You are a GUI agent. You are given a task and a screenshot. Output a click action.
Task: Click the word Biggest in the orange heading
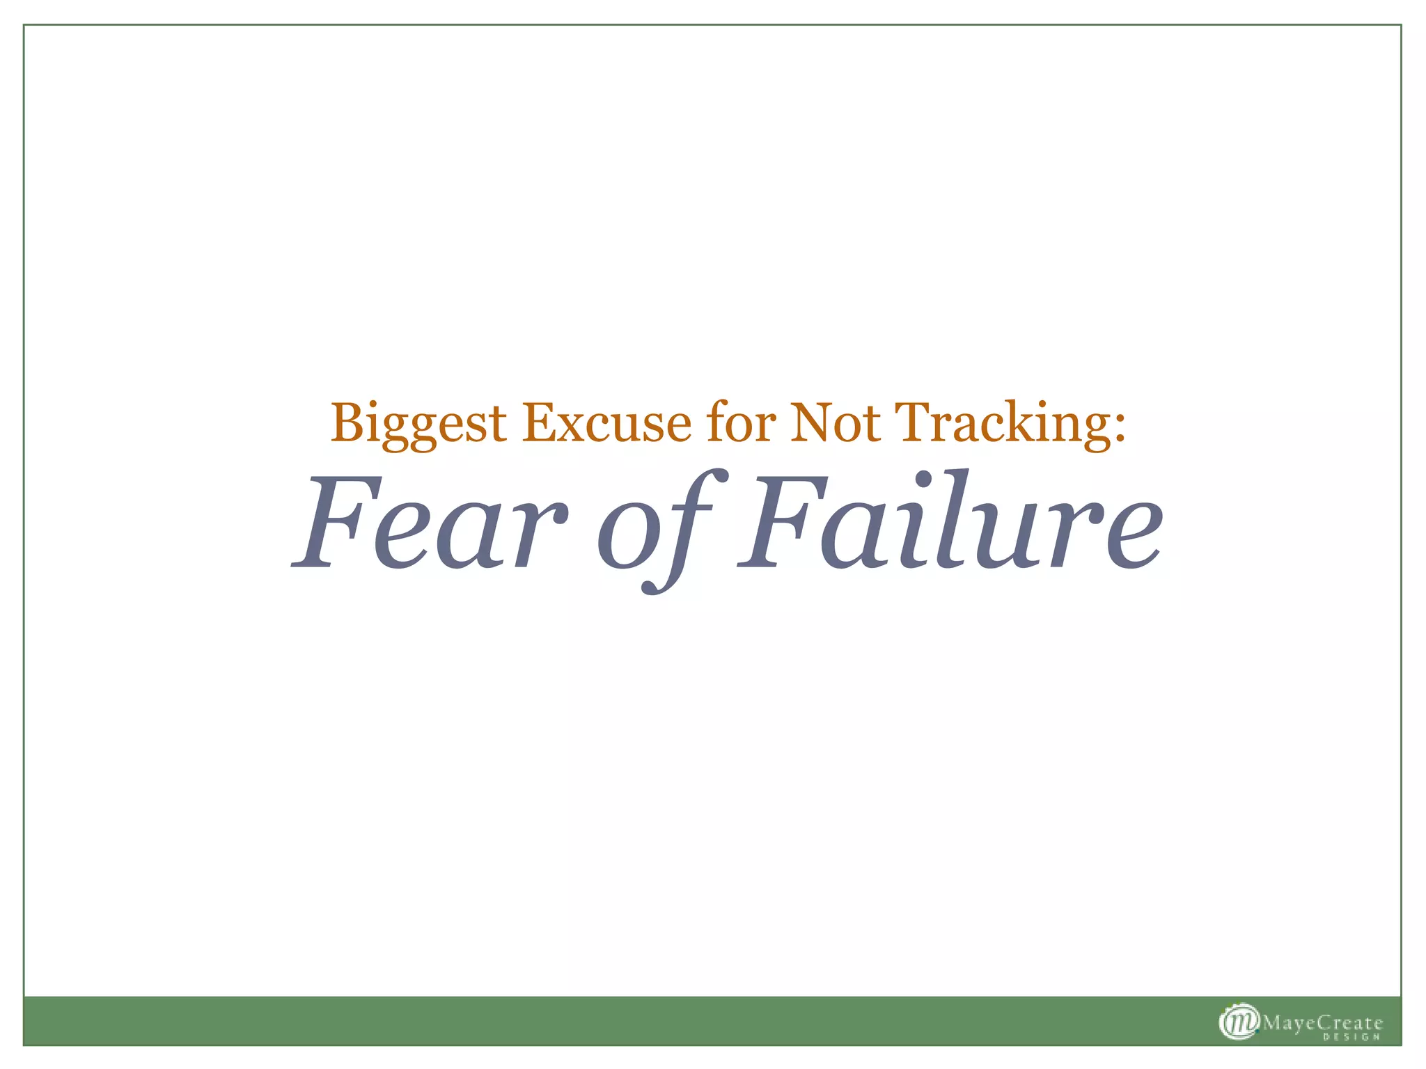(x=418, y=423)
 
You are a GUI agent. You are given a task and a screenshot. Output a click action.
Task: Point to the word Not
(x=836, y=423)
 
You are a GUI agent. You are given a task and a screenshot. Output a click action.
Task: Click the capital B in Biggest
(x=348, y=422)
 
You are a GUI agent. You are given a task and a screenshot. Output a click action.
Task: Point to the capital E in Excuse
(x=540, y=422)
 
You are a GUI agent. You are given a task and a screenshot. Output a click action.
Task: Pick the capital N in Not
(x=809, y=422)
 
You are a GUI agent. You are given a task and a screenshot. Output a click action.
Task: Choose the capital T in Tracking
(x=914, y=422)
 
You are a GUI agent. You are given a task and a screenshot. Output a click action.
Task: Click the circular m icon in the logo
(x=1239, y=1022)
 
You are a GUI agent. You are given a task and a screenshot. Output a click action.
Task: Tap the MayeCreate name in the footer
(x=1322, y=1023)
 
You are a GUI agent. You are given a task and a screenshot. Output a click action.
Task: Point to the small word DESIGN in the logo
(x=1350, y=1038)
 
